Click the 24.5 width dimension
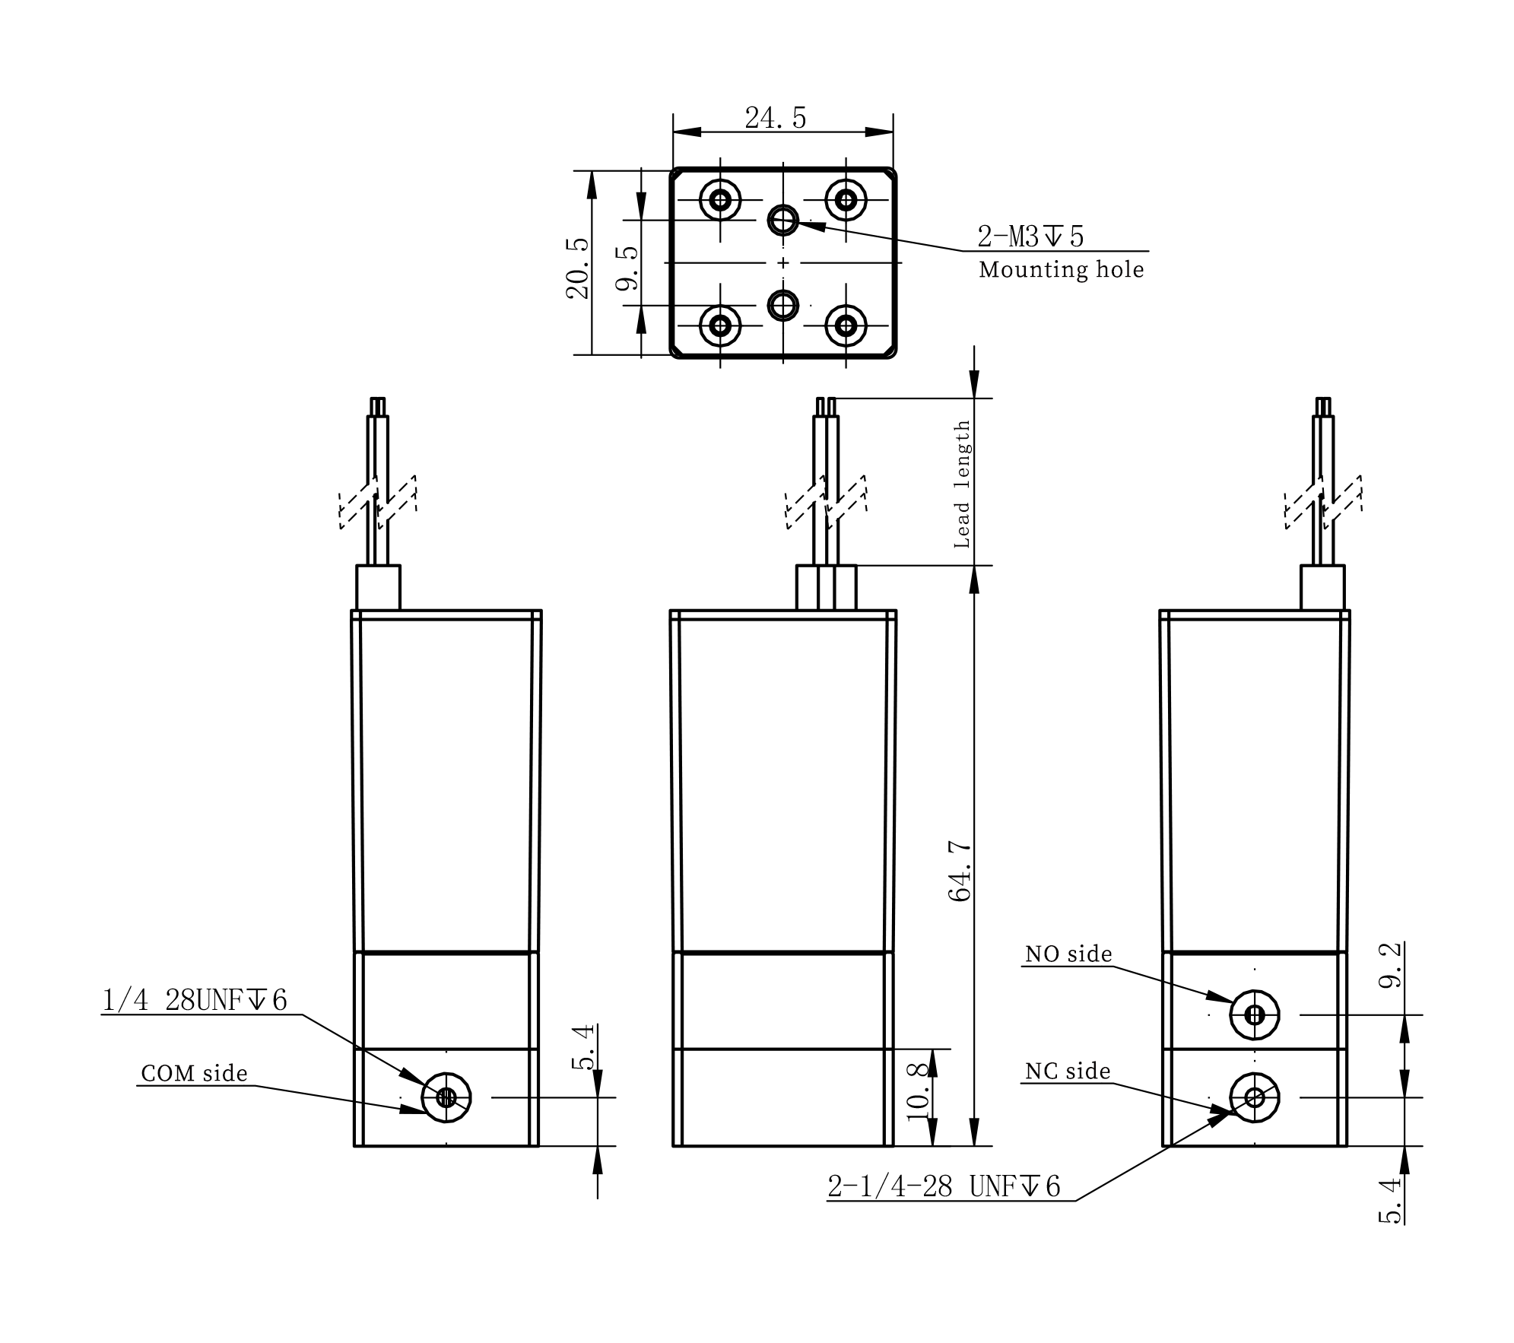(775, 119)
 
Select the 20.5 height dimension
(579, 268)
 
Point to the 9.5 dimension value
(628, 269)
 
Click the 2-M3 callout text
(1030, 237)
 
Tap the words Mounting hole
(1061, 270)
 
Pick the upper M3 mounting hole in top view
(782, 221)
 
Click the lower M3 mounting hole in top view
(782, 306)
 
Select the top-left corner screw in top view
(720, 201)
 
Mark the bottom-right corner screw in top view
(846, 326)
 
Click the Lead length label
(963, 484)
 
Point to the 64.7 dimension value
(960, 872)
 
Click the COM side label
(195, 1073)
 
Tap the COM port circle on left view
(446, 1097)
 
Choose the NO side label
(1068, 954)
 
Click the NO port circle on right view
(1255, 1014)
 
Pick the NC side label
(1068, 1072)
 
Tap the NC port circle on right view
(1255, 1097)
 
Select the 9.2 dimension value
(1391, 966)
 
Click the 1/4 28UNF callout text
(195, 1000)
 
